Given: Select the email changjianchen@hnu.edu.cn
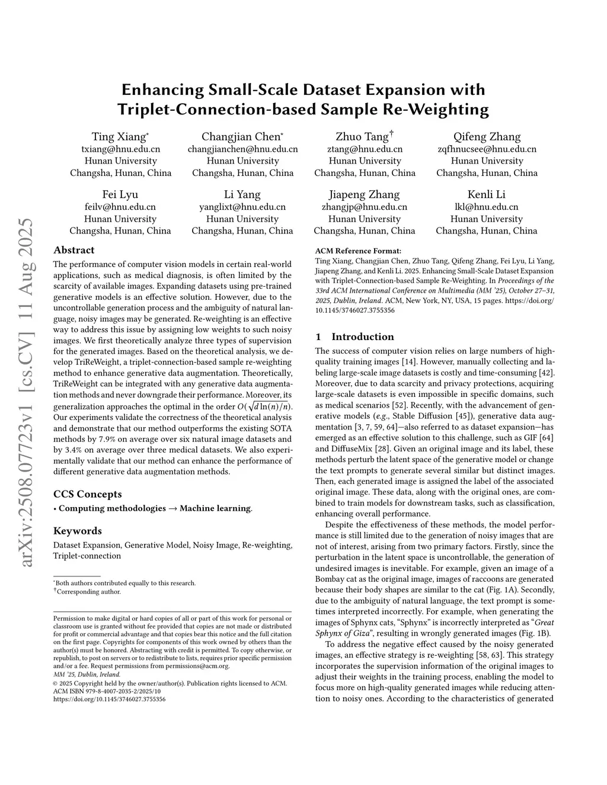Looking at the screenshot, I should tap(242, 149).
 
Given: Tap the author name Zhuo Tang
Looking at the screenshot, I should tap(362, 137).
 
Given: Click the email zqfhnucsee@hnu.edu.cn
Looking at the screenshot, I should tap(487, 149).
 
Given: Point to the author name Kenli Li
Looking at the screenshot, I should tap(486, 194).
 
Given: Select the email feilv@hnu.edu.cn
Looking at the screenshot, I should tap(120, 207).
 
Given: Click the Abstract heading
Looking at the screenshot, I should tap(74, 250).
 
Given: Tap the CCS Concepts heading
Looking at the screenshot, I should tap(88, 494).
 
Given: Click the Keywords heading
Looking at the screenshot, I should tap(78, 531).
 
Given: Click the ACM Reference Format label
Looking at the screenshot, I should tap(358, 251).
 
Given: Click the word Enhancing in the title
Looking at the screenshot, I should tap(162, 90).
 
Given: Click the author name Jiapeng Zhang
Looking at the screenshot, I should tap(364, 194).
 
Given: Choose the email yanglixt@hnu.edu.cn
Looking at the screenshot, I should tap(242, 207).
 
